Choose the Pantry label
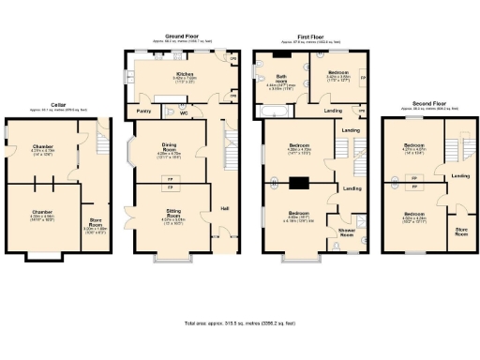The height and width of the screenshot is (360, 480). click(x=144, y=112)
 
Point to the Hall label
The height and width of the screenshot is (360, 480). click(x=224, y=207)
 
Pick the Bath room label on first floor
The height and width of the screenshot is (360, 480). click(x=280, y=79)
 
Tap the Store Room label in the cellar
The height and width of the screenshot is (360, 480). click(x=94, y=225)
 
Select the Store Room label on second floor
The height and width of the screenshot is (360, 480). click(x=461, y=230)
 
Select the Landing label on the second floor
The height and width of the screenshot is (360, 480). click(x=460, y=175)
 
